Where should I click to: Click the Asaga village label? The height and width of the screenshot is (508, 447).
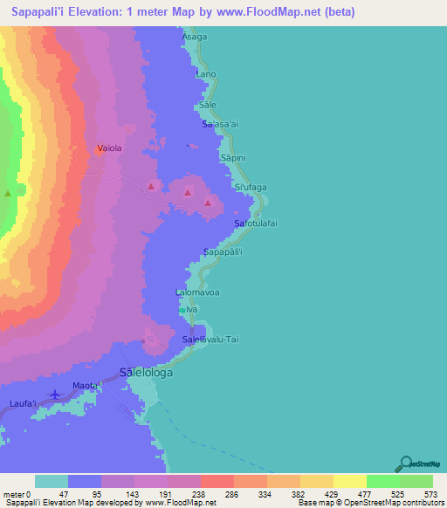195,38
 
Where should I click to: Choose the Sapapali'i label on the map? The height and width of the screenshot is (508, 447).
228,252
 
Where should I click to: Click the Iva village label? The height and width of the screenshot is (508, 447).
192,309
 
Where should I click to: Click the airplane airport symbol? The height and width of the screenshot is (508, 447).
58,395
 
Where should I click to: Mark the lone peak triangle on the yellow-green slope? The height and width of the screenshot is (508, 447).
9,193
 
